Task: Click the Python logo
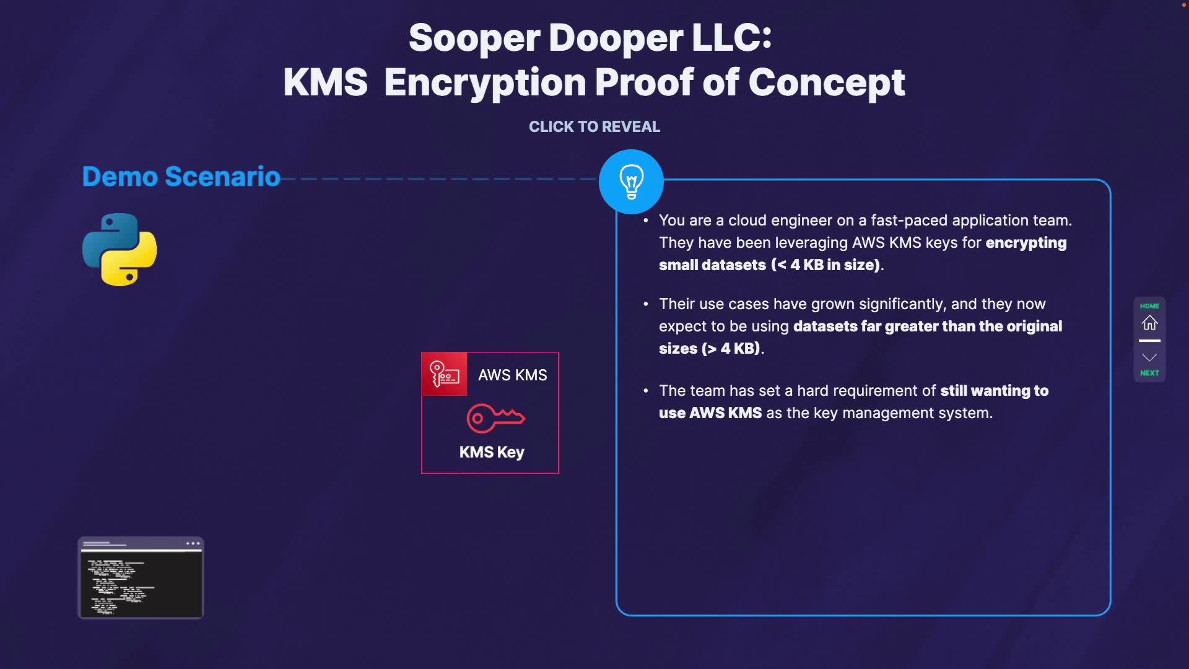click(x=120, y=250)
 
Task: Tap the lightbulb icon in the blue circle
click(x=631, y=181)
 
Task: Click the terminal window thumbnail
click(x=141, y=578)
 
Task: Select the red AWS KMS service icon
click(x=444, y=374)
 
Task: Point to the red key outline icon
click(x=495, y=418)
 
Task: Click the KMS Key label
click(x=492, y=452)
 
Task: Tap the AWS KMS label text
click(x=512, y=375)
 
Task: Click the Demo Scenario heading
click(x=181, y=177)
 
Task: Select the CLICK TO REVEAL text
click(x=594, y=126)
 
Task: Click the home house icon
click(x=1149, y=323)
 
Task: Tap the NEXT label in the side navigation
click(x=1149, y=373)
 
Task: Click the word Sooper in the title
click(x=474, y=38)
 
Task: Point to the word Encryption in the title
click(x=485, y=82)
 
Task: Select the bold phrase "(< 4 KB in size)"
click(x=825, y=265)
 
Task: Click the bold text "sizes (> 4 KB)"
click(x=709, y=349)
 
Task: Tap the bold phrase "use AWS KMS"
click(x=710, y=413)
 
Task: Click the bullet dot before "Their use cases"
click(x=646, y=304)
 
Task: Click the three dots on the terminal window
click(x=193, y=543)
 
